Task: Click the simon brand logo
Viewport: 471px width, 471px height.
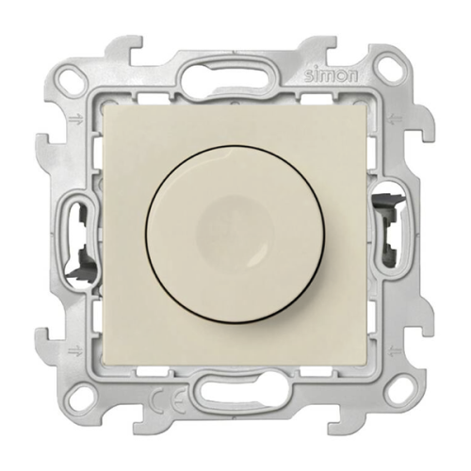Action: (331, 75)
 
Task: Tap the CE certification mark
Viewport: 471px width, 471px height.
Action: (168, 407)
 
